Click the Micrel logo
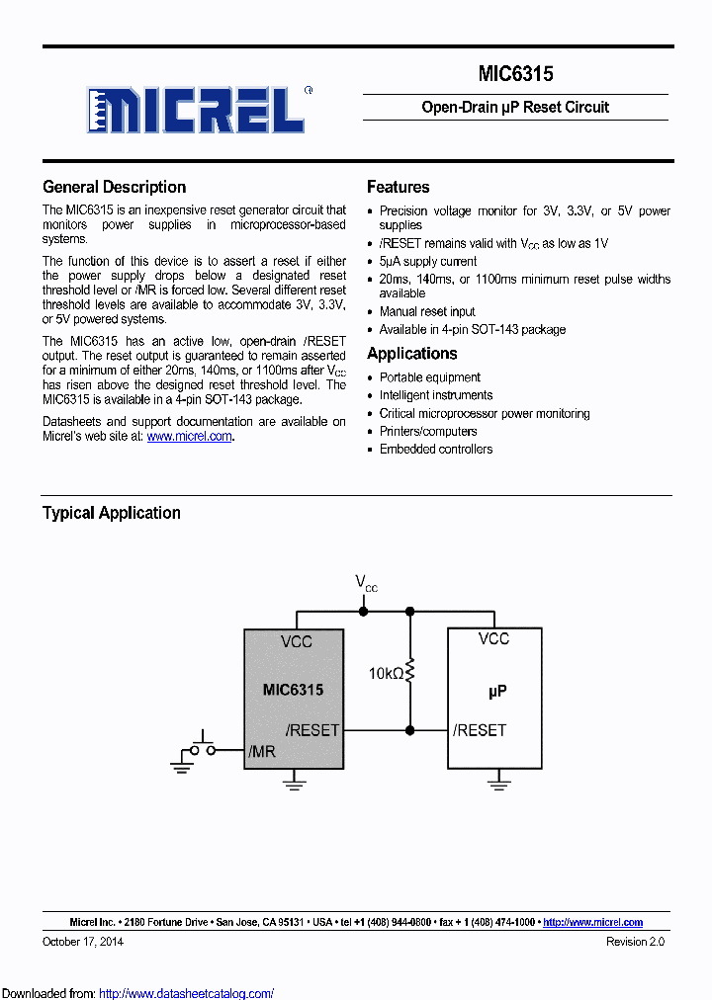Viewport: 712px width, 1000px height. pos(195,109)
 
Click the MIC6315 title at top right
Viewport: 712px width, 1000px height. pos(515,74)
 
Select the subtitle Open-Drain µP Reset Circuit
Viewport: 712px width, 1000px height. pos(515,107)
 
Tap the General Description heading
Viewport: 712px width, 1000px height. pos(114,187)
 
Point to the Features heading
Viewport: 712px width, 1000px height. pos(398,187)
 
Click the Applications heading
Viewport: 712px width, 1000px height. pos(411,354)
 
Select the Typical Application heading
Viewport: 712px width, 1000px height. pos(111,513)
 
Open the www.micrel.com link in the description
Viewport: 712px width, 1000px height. pos(189,436)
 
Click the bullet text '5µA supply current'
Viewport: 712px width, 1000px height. pos(428,262)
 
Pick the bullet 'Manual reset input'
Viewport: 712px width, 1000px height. pos(427,311)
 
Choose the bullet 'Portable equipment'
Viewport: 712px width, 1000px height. pos(430,377)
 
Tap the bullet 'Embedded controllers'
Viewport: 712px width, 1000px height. pos(436,449)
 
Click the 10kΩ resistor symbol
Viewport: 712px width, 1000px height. pos(410,673)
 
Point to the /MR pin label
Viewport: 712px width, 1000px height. pos(262,752)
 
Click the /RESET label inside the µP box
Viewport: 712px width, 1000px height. pos(480,730)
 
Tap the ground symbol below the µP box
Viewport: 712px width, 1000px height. pos(498,783)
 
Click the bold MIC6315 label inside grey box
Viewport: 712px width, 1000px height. pos(293,690)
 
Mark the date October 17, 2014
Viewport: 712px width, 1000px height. pos(83,942)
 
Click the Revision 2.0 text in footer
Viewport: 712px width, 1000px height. pos(635,942)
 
